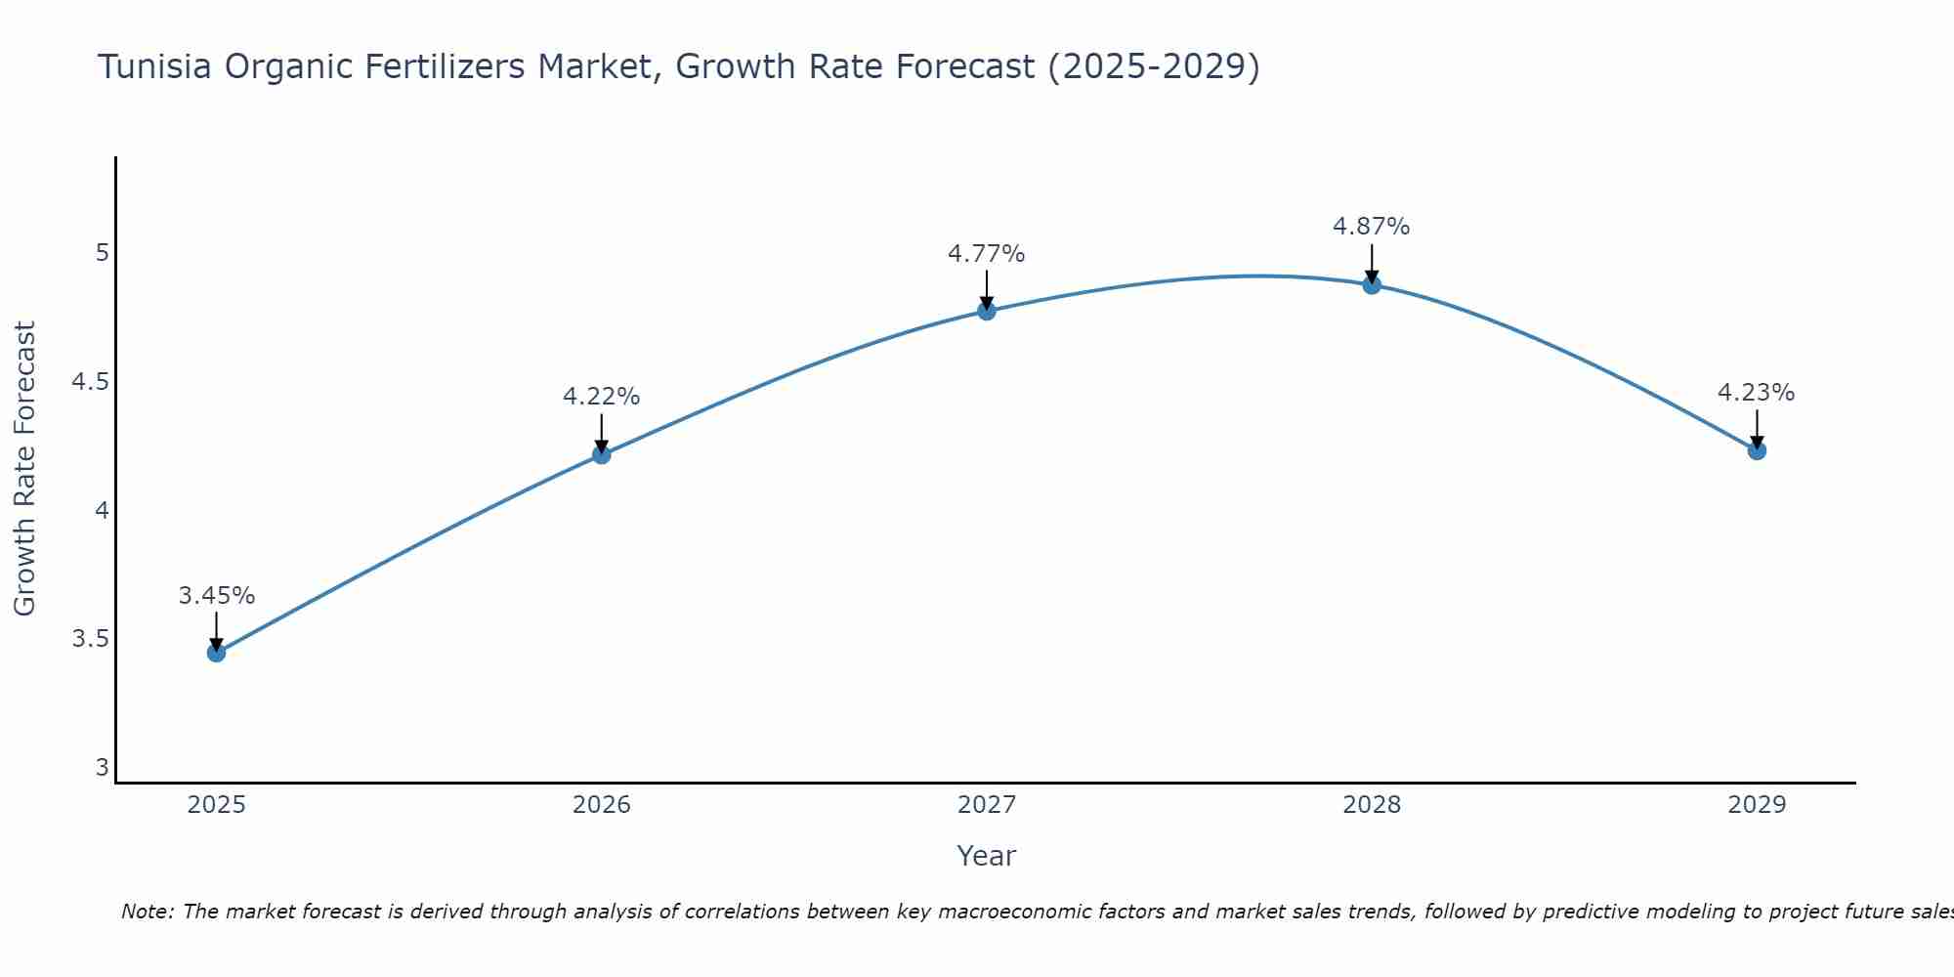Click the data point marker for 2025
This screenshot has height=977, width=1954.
216,653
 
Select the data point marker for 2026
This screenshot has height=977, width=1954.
601,454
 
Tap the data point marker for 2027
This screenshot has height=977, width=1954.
986,311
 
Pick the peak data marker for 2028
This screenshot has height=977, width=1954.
1372,285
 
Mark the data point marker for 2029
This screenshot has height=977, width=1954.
1757,450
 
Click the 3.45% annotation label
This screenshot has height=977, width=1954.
216,596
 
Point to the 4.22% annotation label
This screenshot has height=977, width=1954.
601,397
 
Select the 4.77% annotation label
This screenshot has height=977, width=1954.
986,254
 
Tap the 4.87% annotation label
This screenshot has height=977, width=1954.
1371,227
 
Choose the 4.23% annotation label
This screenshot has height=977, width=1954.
1756,393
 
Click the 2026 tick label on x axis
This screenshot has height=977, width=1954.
601,805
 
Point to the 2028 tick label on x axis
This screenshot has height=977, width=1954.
1372,805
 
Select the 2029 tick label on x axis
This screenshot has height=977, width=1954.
1757,805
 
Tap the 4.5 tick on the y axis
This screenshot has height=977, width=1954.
90,382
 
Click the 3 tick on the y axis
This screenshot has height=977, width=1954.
102,768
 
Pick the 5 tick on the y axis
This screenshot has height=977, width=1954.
102,253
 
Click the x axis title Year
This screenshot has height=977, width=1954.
986,856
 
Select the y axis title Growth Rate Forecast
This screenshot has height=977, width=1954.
24,468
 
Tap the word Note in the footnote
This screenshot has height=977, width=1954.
147,912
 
